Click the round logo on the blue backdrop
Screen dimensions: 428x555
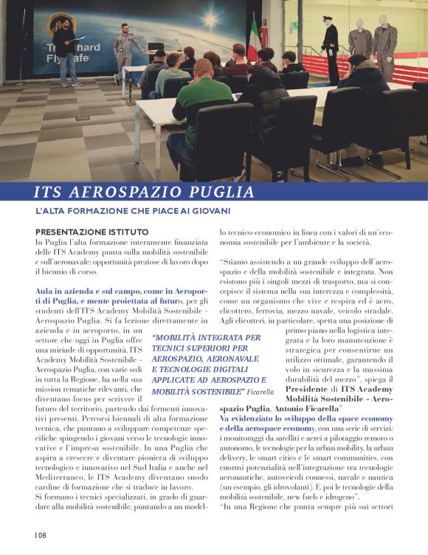point(62,24)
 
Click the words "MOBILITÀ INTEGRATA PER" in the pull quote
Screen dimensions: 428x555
point(206,338)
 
